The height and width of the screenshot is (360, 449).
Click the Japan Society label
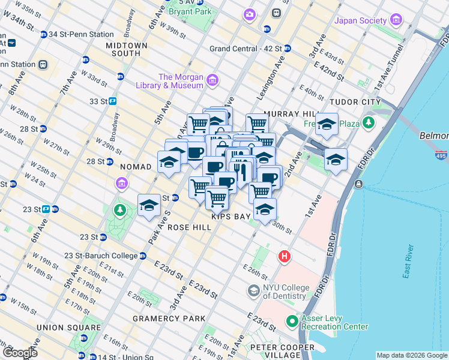(x=360, y=20)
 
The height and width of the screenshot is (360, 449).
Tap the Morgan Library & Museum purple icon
(x=211, y=80)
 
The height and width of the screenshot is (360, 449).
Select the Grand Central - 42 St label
(x=246, y=49)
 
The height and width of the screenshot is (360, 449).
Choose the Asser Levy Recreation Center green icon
(x=292, y=321)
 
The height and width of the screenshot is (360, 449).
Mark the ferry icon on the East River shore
(x=358, y=184)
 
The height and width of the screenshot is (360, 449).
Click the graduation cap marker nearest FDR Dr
(x=336, y=160)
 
